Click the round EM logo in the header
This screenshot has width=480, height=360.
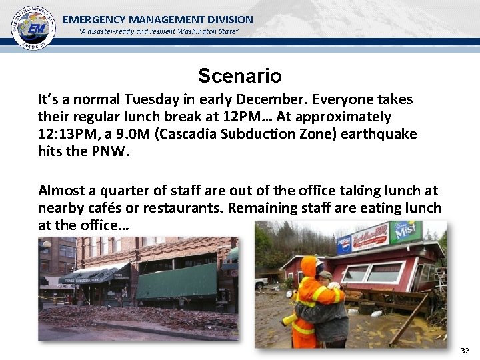click(33, 28)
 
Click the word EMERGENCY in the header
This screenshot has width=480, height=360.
click(94, 20)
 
